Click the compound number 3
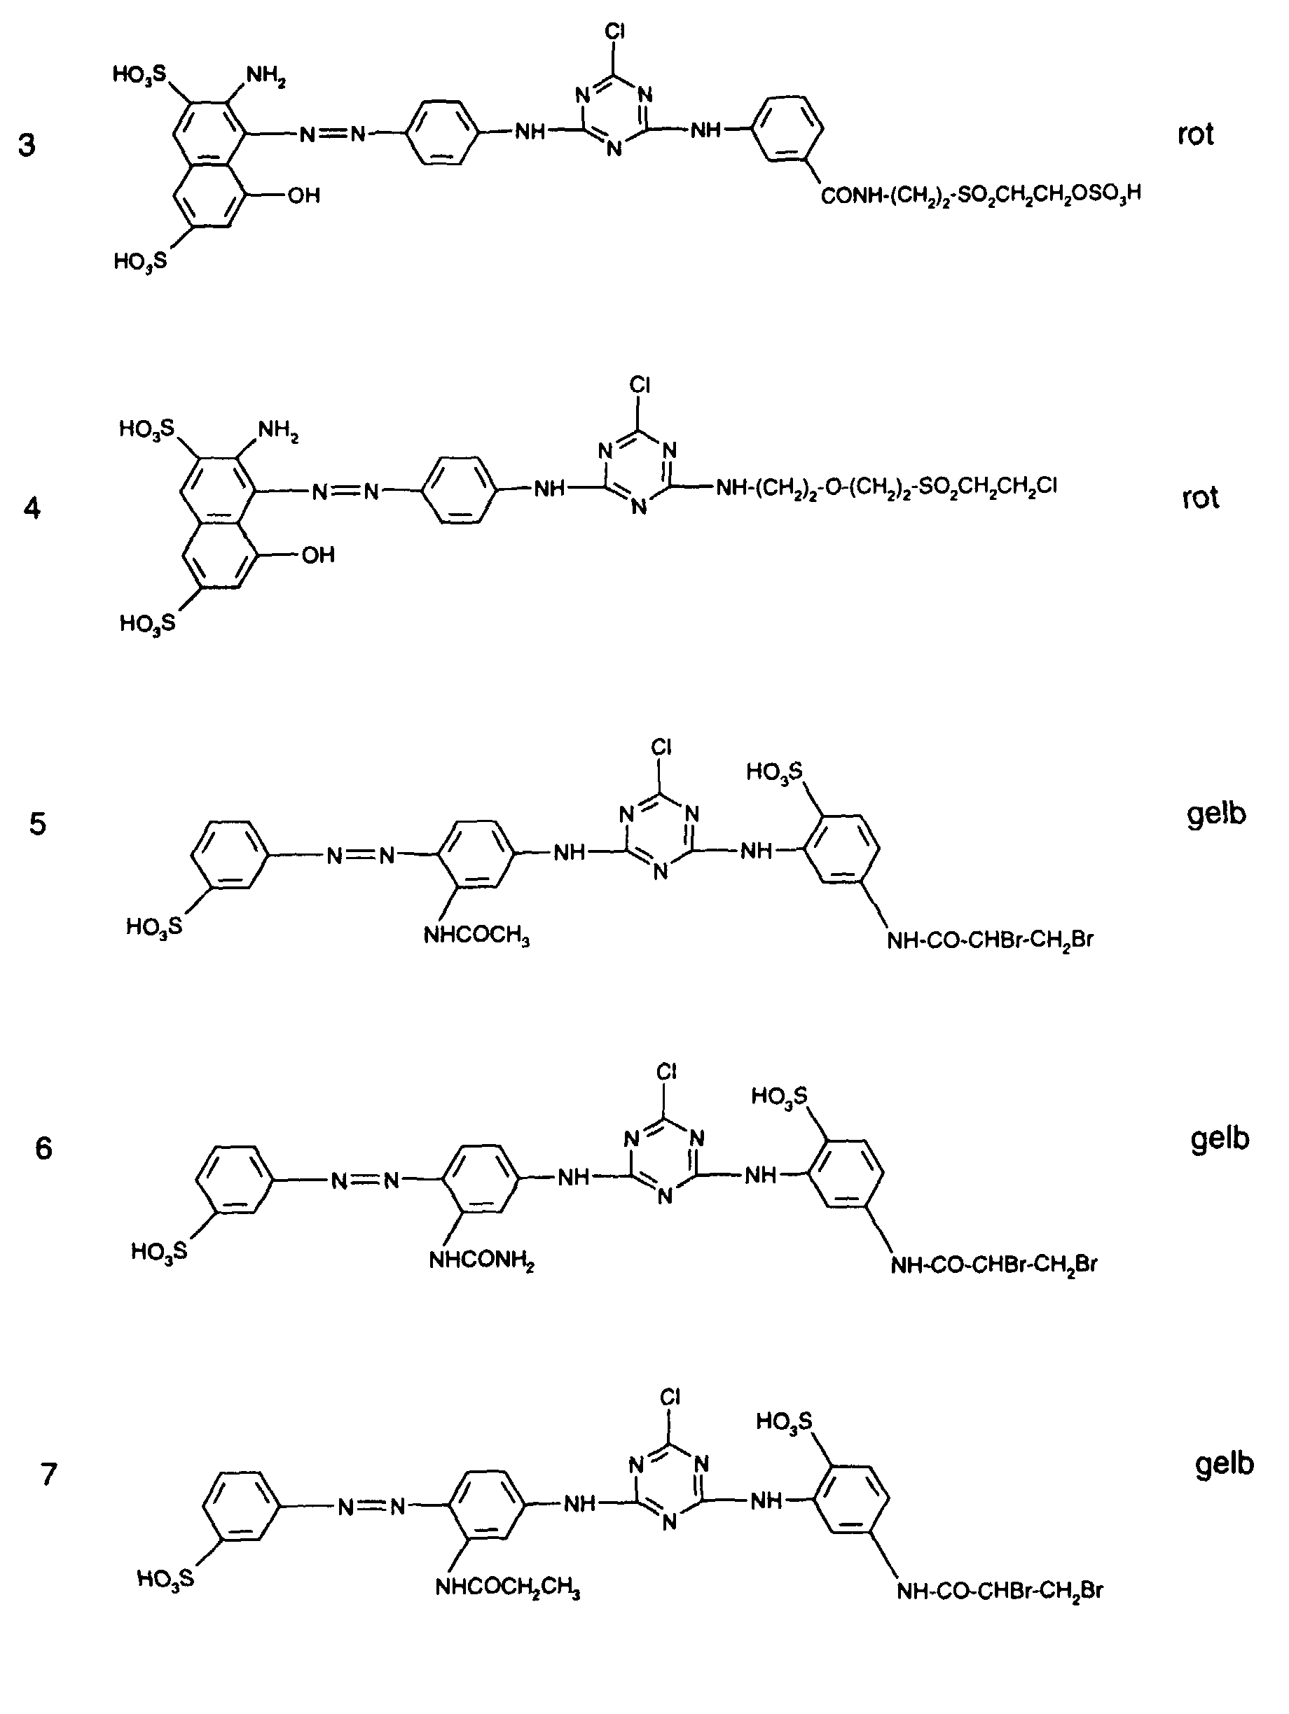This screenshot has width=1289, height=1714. pos(27,145)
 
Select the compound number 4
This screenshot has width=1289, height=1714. pos(32,508)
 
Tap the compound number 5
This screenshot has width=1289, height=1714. pos(38,823)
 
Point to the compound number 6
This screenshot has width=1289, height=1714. pos(43,1148)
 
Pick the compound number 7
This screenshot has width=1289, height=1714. pos(49,1473)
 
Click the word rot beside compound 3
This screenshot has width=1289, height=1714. pos(1195,134)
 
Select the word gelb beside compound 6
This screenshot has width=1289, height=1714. pos(1220,1139)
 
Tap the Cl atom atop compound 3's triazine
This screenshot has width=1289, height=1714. pos(614,32)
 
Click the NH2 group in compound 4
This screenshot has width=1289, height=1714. pos(278,431)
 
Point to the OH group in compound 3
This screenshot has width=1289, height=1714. pos(304,195)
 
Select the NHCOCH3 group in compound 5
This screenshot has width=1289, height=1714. pos(476,936)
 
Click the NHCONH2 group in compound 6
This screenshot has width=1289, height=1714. pos(482,1261)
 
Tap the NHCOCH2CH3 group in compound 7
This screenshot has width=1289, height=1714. pos(508,1588)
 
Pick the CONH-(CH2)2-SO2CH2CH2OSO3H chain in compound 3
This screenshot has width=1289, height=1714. pos(981,195)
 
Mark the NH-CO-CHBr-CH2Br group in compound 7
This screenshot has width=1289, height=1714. pos(1000,1591)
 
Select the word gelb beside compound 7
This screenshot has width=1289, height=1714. pos(1225,1464)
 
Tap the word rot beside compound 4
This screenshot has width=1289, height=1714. pos(1200,496)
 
